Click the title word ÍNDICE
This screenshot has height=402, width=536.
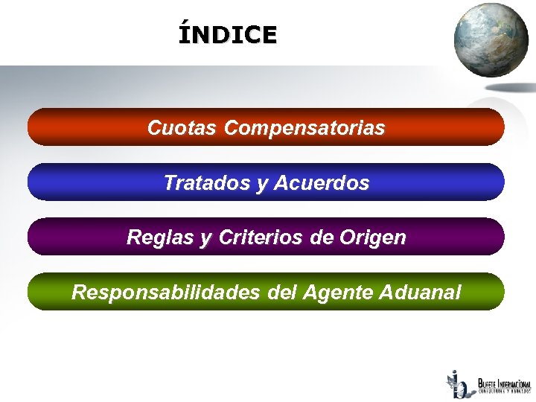point(227,34)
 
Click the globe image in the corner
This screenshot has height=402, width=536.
point(491,40)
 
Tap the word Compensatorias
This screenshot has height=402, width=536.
point(304,128)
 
